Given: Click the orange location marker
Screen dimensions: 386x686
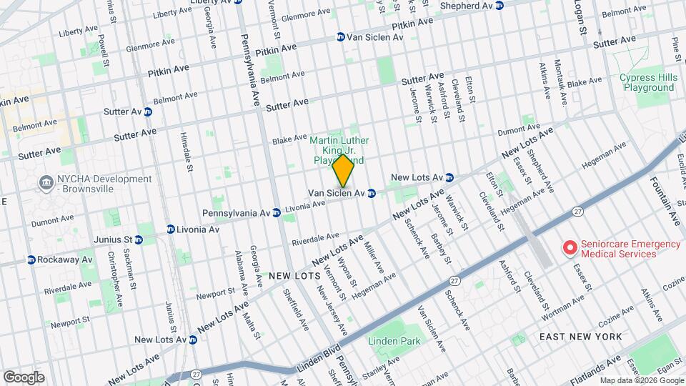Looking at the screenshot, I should [x=343, y=171].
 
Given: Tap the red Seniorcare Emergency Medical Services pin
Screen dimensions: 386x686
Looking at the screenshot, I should [x=570, y=248].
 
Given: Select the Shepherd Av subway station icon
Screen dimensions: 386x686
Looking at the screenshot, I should [x=499, y=6].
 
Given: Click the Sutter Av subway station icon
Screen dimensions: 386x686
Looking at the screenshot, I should [x=148, y=112].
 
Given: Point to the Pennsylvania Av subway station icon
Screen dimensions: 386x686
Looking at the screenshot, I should [x=276, y=213].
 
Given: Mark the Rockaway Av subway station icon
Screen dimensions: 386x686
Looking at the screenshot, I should [x=31, y=259].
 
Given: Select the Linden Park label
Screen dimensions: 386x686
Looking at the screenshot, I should [x=394, y=342].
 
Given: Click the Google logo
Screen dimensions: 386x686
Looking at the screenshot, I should [x=24, y=377].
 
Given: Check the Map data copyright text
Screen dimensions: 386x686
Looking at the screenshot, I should [x=640, y=380].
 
